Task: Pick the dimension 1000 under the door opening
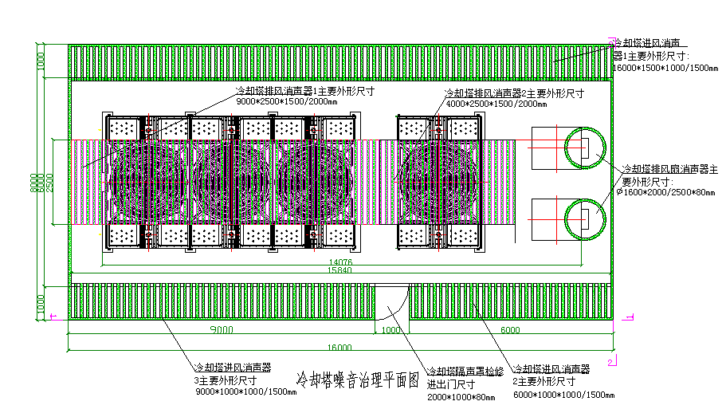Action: (391, 330)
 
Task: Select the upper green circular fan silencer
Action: (586, 148)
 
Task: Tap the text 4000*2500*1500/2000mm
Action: (492, 104)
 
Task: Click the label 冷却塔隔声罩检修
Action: (465, 371)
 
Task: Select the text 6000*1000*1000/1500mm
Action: (563, 395)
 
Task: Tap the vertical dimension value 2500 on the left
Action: (50, 183)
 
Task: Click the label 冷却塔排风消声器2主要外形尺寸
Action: (514, 93)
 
